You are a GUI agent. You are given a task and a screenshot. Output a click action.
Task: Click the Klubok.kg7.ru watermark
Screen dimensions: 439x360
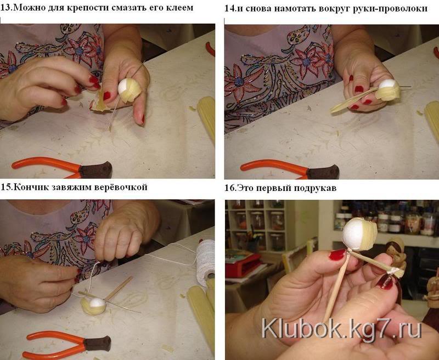[x=341, y=330]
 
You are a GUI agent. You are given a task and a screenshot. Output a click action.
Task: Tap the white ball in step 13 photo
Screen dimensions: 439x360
[x=125, y=87]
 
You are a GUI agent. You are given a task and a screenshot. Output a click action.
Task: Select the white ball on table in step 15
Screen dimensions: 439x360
[x=97, y=303]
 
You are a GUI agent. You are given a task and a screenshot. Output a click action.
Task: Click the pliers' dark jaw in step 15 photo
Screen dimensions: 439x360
[x=97, y=344]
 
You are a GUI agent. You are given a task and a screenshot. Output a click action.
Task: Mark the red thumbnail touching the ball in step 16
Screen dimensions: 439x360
[x=337, y=255]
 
